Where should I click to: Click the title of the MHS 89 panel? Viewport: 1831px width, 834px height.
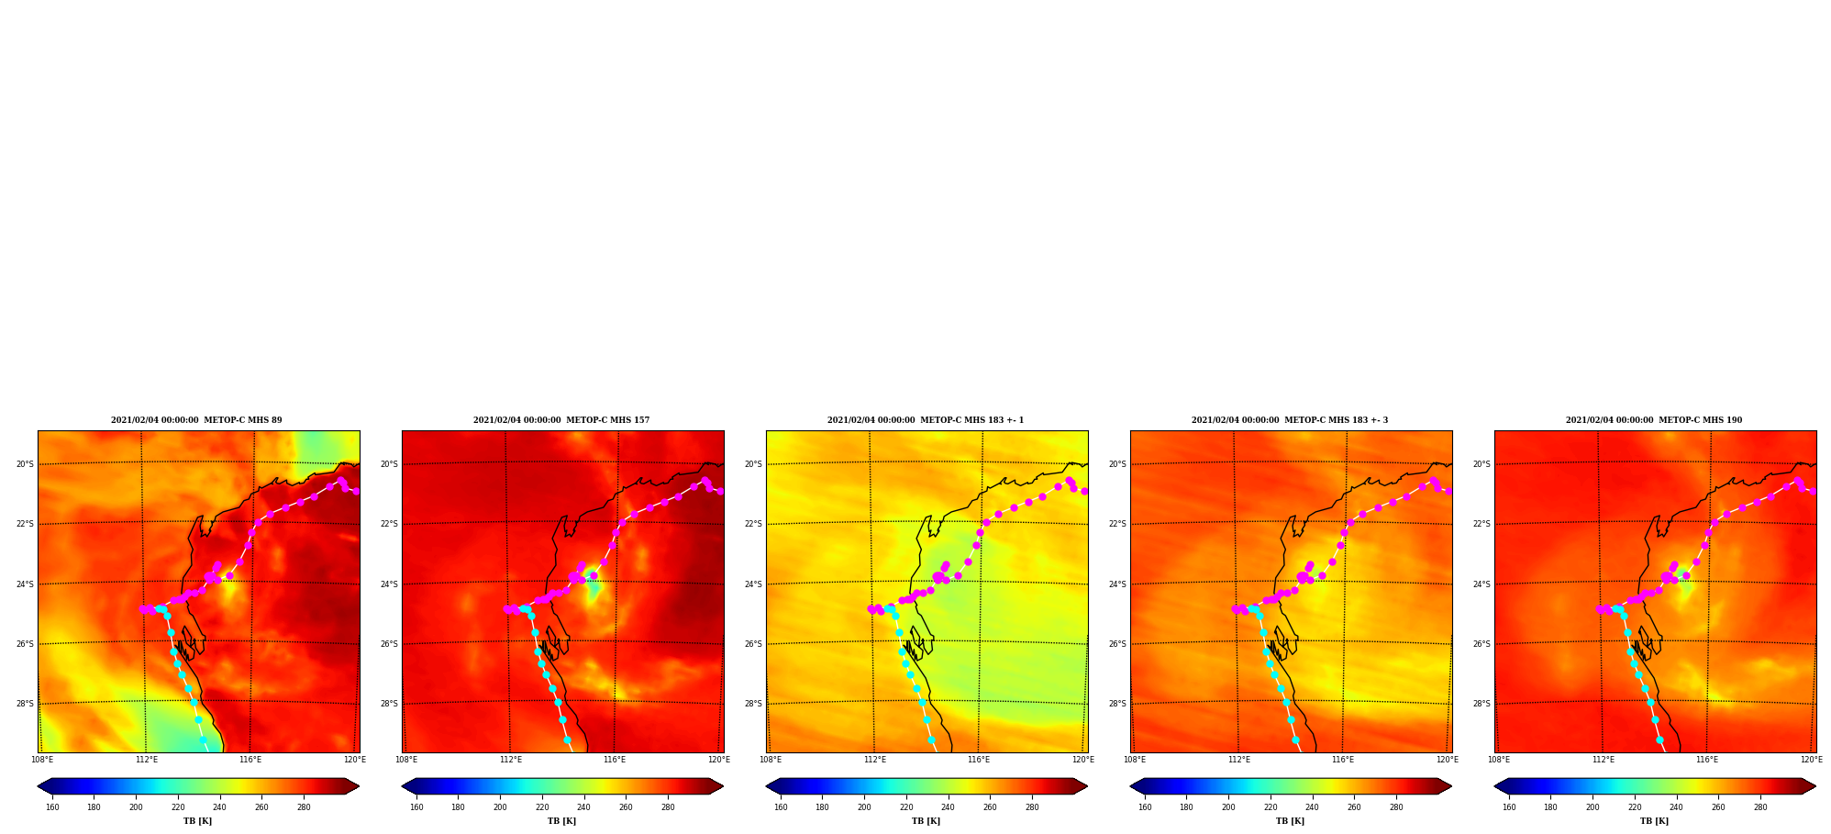click(196, 420)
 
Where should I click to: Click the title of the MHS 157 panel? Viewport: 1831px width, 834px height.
click(561, 420)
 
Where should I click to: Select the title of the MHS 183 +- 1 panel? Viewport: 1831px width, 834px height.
click(926, 420)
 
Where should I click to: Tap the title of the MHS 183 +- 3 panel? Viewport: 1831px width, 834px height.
click(1290, 420)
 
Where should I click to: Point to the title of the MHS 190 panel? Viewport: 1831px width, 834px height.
click(1654, 420)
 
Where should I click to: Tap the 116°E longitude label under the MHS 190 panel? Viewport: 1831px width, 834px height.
click(1707, 760)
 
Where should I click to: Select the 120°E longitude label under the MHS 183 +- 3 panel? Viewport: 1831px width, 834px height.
click(1447, 760)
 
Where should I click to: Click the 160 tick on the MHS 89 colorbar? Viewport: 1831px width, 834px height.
click(52, 807)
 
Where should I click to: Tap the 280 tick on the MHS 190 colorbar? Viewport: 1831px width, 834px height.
click(1760, 807)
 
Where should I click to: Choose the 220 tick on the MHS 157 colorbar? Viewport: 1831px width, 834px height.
click(542, 807)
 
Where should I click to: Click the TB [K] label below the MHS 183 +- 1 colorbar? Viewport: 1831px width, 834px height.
click(926, 821)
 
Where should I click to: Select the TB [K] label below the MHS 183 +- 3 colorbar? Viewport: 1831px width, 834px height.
click(1290, 821)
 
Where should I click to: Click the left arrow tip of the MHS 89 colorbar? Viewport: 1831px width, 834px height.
click(38, 786)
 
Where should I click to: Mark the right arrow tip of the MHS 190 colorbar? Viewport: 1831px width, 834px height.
click(1815, 786)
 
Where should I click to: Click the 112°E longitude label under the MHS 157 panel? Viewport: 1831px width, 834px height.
click(511, 760)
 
